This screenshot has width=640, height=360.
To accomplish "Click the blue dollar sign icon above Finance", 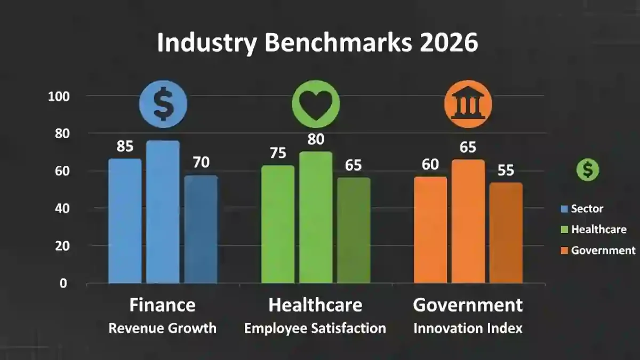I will point(163,104).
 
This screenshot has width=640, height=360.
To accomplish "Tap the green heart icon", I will point(316,104).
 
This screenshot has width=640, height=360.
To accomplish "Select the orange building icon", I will point(468,104).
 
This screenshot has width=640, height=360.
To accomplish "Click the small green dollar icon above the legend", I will point(587,170).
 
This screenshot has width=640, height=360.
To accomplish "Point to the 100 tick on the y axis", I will point(60,97).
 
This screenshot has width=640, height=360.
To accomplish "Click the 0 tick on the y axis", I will point(63,283).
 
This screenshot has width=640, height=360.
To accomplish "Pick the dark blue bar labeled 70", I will point(201,229).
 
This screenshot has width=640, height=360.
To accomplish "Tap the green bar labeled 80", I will point(316,217).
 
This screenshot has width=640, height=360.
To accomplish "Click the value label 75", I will point(277,153).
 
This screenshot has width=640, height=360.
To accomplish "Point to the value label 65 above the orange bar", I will point(468,147).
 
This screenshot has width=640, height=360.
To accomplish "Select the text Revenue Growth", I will point(163,328).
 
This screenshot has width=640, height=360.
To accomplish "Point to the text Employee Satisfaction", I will point(315,328).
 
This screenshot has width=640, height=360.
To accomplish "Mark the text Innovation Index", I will point(468,328).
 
